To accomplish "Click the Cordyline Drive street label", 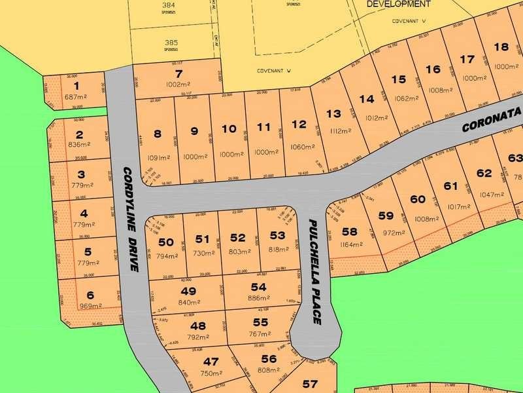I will pyautogui.click(x=131, y=220).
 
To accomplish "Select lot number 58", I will pyautogui.click(x=350, y=232).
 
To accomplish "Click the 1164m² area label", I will pyautogui.click(x=352, y=245).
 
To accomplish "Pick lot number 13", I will pyautogui.click(x=333, y=114).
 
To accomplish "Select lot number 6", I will pyautogui.click(x=90, y=295).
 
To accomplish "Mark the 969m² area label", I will pyautogui.click(x=91, y=306).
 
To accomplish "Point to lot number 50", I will pyautogui.click(x=166, y=242).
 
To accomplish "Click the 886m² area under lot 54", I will pyautogui.click(x=259, y=298).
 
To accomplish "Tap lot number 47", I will pyautogui.click(x=211, y=362).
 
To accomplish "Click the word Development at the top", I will pyautogui.click(x=399, y=4).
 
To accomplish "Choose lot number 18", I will pyautogui.click(x=501, y=47).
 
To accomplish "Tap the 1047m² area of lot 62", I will pyautogui.click(x=493, y=195).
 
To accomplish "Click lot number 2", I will pyautogui.click(x=79, y=135).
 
